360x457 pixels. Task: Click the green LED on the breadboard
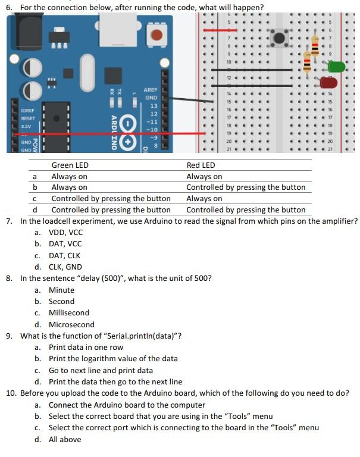click(337, 66)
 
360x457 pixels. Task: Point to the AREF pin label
click(150, 90)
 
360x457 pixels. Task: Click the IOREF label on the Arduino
click(27, 111)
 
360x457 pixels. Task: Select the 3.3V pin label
click(26, 126)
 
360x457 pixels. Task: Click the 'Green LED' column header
click(70, 165)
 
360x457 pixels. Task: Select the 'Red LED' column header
click(201, 165)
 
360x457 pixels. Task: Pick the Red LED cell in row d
click(245, 209)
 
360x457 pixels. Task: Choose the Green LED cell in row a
click(69, 176)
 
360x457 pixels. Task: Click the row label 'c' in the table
click(36, 199)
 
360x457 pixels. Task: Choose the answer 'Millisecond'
click(68, 312)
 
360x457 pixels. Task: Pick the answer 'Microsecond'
click(71, 324)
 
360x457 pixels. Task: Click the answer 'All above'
click(65, 439)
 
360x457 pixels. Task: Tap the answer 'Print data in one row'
click(86, 347)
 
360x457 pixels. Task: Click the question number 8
click(10, 278)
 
